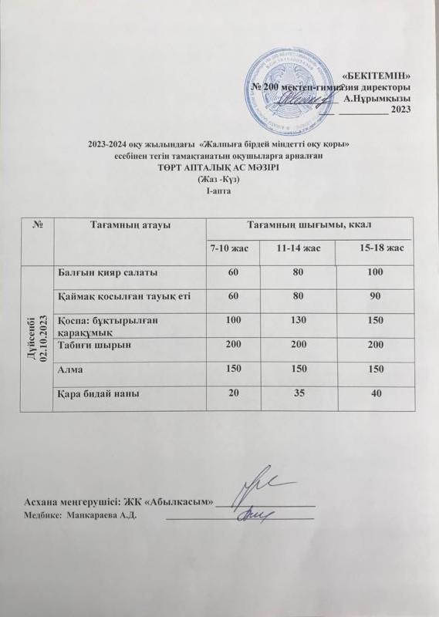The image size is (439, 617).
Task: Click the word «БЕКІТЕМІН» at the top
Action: point(376,76)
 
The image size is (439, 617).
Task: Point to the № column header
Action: point(38,224)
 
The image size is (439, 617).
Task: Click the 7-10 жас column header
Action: point(234,248)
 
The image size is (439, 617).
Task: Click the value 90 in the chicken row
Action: point(375,295)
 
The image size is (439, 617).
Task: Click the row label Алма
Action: point(73,370)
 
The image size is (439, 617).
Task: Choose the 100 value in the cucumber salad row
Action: point(375,272)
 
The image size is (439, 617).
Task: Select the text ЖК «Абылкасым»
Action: point(174,502)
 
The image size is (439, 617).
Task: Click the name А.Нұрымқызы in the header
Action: point(377,98)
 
